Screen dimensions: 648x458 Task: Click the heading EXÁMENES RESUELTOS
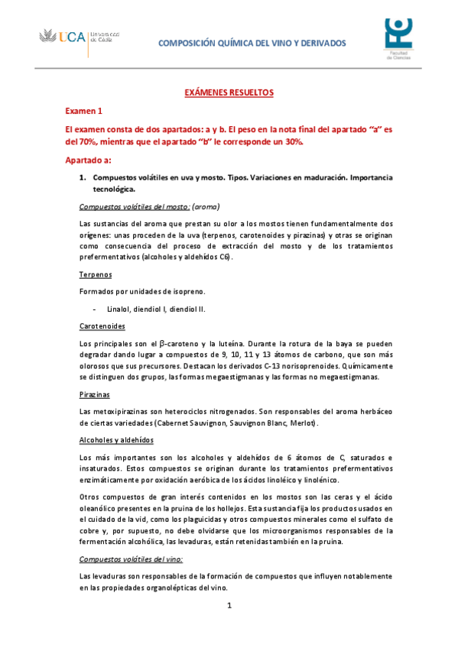[x=229, y=92]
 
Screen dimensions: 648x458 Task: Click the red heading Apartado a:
[x=88, y=160]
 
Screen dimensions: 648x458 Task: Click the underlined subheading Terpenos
[x=96, y=274]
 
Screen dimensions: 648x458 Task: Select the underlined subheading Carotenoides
[x=103, y=326]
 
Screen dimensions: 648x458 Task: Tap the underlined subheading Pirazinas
[x=95, y=394]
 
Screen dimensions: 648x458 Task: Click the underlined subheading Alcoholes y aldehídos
[x=116, y=440]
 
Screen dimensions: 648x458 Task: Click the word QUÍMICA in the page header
[x=240, y=44]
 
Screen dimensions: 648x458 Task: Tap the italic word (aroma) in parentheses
[x=206, y=206]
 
